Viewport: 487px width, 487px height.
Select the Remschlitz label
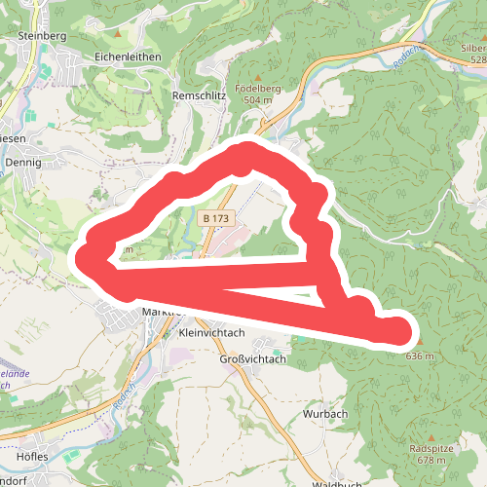point(199,96)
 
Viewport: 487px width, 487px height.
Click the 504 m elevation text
point(258,100)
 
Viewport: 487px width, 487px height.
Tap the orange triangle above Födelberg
point(258,76)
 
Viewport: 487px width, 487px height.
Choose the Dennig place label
point(23,163)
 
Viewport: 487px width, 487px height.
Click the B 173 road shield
point(216,219)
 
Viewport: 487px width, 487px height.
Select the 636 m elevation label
point(418,356)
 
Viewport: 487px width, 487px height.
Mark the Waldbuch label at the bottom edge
point(337,483)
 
